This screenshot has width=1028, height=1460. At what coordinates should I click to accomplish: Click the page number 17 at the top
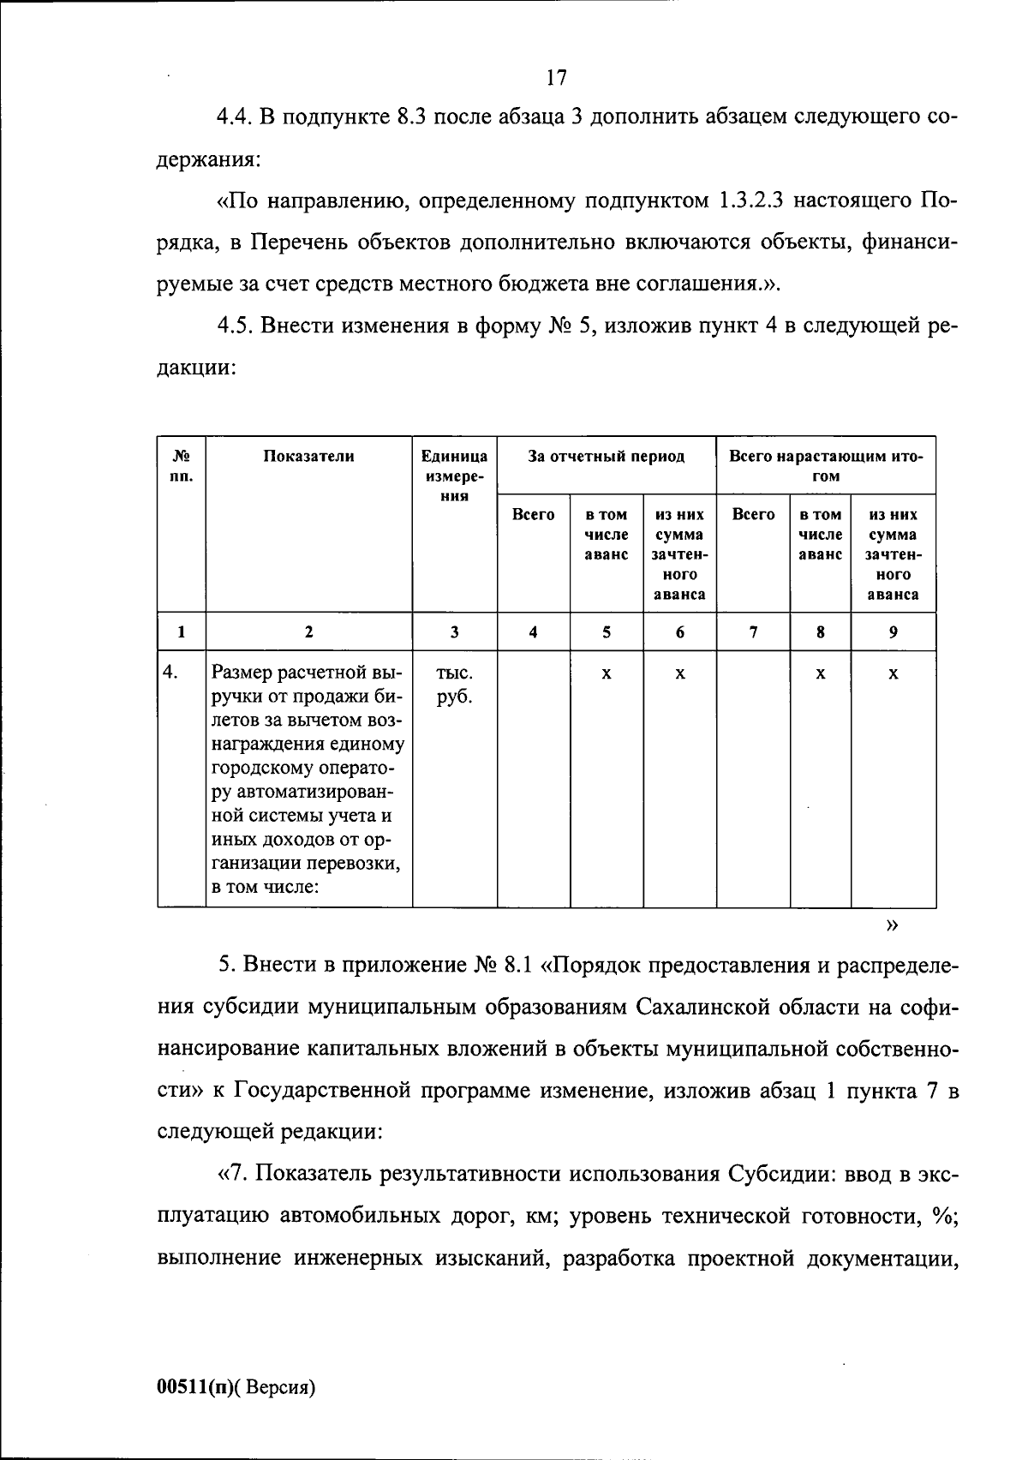pos(556,78)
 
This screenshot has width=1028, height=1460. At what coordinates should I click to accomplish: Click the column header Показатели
pos(308,457)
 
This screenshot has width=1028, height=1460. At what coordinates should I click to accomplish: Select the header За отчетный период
pos(606,457)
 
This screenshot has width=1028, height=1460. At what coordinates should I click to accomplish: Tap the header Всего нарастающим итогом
pos(826,466)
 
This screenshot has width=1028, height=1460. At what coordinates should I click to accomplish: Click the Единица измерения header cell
pos(454,476)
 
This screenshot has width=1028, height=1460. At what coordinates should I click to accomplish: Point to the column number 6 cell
pos(679,633)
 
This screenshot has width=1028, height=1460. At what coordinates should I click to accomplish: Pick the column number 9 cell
pos(893,633)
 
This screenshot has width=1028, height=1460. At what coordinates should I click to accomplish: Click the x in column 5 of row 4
pos(606,674)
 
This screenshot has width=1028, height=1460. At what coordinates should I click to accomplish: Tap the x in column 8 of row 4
pos(820,674)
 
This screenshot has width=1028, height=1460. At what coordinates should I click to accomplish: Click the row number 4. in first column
pos(170,673)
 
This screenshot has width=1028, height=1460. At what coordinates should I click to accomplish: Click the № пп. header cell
pos(181,466)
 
